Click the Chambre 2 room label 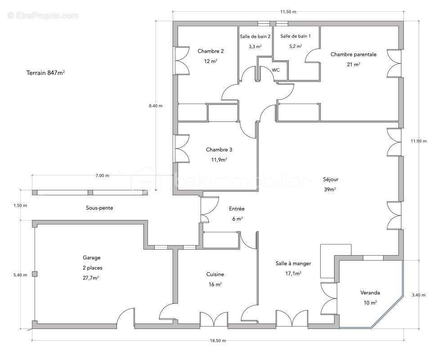[210, 51]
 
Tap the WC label [276, 70]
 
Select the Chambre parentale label [353, 54]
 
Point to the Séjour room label [330, 179]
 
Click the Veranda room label [370, 292]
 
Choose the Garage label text [91, 257]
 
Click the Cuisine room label [215, 274]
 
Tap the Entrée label [237, 209]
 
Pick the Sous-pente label [99, 208]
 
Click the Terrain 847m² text [46, 73]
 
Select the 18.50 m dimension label [218, 341]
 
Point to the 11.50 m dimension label [288, 12]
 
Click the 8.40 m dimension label [156, 106]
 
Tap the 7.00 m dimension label [102, 175]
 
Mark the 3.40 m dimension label [419, 295]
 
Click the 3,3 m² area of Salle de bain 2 [255, 46]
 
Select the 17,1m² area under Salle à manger [294, 274]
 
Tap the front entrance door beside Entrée [209, 209]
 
